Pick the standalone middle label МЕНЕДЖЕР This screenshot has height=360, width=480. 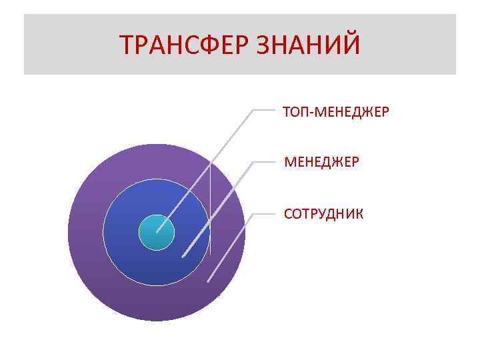321,162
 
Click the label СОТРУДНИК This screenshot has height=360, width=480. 323,214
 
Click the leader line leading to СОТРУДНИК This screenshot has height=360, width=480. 230,247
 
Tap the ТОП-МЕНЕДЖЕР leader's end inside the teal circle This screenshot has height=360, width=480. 157,231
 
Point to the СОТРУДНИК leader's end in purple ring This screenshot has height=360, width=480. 208,281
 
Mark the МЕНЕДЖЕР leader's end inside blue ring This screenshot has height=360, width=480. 183,256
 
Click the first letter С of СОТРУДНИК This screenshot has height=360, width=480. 287,214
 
